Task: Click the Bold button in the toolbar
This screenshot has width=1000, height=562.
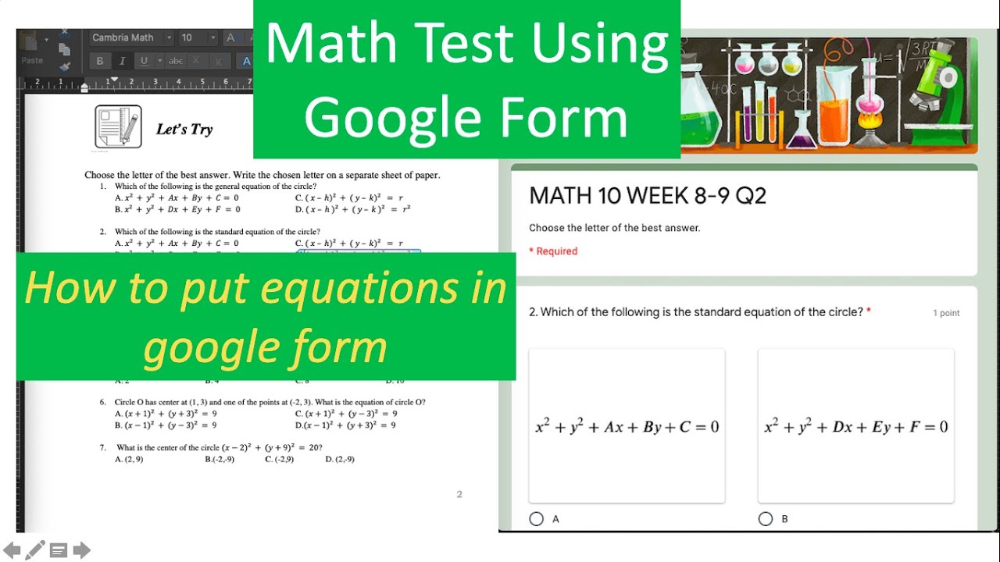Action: [x=100, y=61]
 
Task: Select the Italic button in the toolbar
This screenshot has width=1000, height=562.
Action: [x=122, y=61]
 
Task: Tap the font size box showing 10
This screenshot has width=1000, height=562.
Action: [x=192, y=37]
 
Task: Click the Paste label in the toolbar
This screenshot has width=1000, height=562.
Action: [x=32, y=60]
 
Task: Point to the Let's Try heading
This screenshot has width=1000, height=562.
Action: [x=184, y=130]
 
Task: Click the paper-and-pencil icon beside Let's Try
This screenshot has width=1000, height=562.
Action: [x=118, y=126]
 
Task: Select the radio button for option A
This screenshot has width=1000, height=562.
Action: [x=536, y=519]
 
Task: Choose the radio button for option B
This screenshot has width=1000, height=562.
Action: [x=765, y=519]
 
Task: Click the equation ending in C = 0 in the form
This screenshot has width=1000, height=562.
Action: [x=627, y=427]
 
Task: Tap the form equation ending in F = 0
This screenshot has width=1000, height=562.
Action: [x=855, y=427]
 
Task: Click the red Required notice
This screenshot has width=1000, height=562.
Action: [x=553, y=251]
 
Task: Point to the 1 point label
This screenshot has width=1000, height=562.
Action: [x=946, y=313]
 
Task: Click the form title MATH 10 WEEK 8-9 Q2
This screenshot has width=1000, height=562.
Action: [x=648, y=196]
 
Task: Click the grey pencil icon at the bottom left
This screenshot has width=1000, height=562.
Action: [x=35, y=550]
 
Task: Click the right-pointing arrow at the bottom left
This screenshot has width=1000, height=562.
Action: [x=82, y=551]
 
